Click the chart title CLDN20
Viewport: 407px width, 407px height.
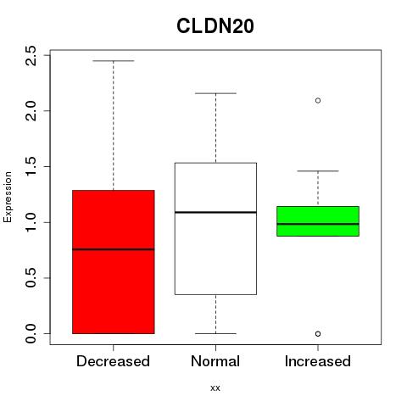[x=215, y=26]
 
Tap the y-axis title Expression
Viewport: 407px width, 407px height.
[x=8, y=197]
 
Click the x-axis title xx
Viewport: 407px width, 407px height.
[x=215, y=387]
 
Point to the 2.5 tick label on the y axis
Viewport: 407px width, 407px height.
[x=31, y=56]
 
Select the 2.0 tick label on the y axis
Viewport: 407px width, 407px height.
[x=31, y=111]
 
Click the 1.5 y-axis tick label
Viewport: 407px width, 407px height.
[x=31, y=166]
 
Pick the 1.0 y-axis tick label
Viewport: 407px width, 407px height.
[x=31, y=222]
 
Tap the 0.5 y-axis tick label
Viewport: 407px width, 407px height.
[x=31, y=278]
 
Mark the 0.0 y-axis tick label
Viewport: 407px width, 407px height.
[x=31, y=333]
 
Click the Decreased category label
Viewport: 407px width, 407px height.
[x=113, y=361]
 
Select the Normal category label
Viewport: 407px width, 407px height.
[x=215, y=361]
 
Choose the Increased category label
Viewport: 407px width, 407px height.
[x=318, y=361]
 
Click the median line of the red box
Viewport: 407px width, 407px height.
[x=114, y=249]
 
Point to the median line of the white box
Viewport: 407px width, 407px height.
[x=215, y=212]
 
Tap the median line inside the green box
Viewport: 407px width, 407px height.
[x=318, y=224]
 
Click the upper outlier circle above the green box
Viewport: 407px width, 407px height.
[x=318, y=101]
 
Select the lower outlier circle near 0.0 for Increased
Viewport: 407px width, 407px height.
[x=318, y=334]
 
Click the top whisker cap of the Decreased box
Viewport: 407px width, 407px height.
[x=114, y=61]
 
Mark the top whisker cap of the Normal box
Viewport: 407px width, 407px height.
[x=215, y=93]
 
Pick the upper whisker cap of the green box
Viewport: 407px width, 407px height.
[x=318, y=171]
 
